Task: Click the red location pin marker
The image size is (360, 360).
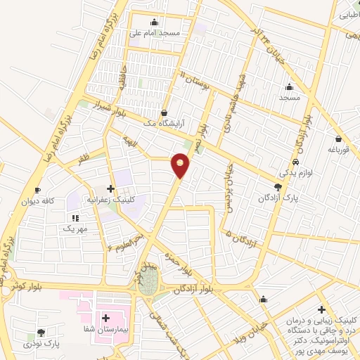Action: point(181,165)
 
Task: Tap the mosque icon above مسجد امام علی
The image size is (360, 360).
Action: point(155,22)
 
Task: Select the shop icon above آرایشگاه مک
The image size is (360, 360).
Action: point(164,112)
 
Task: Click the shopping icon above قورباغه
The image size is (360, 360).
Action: point(339,139)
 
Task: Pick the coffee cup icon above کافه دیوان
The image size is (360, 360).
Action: point(38,191)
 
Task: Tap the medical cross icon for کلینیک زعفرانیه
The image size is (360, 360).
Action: point(110,188)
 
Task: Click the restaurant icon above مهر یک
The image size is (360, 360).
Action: point(75,218)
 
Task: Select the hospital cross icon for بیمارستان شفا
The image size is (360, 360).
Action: point(106,319)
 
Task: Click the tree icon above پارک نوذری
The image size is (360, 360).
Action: point(41,333)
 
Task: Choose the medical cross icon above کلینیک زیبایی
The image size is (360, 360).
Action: point(321,309)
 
